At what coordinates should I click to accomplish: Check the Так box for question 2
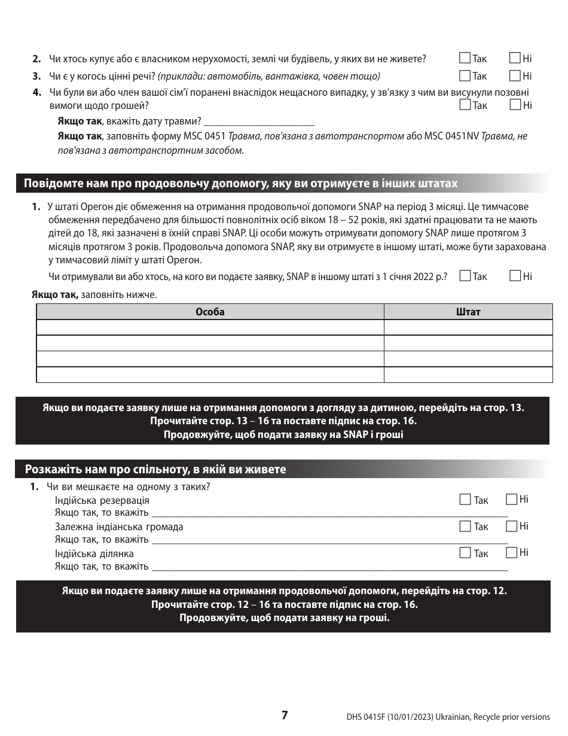tap(465, 59)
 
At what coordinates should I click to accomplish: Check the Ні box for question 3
tap(515, 76)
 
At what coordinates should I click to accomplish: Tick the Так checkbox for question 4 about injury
tap(465, 105)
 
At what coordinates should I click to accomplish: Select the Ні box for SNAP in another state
tap(515, 276)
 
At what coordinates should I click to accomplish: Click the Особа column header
tap(210, 312)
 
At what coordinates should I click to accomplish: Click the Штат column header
tap(468, 312)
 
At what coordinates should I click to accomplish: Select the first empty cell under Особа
tap(210, 327)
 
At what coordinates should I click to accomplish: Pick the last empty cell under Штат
tap(468, 375)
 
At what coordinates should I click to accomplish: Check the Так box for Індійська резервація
tap(465, 500)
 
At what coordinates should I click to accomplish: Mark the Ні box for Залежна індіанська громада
tap(511, 526)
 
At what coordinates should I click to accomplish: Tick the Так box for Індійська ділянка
tap(465, 553)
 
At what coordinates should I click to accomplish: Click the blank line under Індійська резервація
tap(329, 513)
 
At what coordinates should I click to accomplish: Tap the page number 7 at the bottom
tap(285, 715)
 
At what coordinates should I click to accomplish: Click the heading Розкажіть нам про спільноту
tap(155, 469)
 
